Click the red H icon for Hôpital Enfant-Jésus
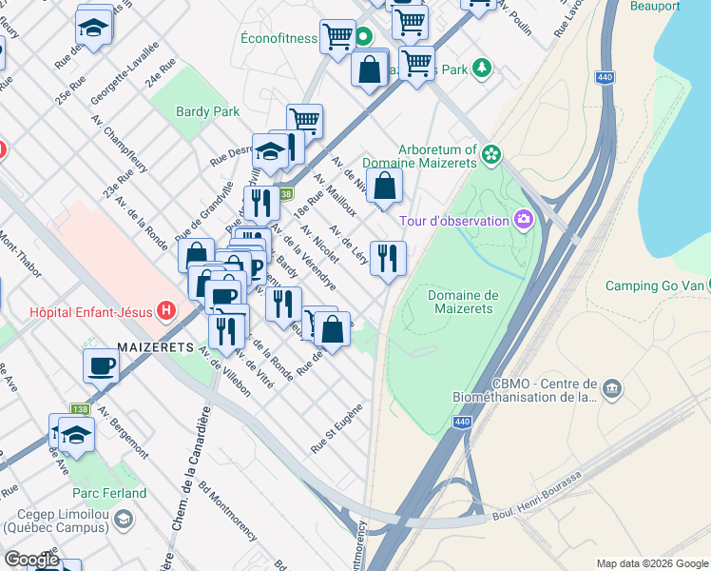(x=167, y=310)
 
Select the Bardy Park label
(x=207, y=111)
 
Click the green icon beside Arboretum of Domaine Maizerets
(x=490, y=153)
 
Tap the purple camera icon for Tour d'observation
(x=522, y=221)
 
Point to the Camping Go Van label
(x=659, y=285)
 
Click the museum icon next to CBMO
(x=612, y=388)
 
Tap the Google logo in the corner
(x=31, y=560)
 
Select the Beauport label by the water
(x=655, y=6)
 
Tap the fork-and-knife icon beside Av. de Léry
(x=388, y=258)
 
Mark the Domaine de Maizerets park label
(x=460, y=302)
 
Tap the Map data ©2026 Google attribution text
(x=651, y=562)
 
